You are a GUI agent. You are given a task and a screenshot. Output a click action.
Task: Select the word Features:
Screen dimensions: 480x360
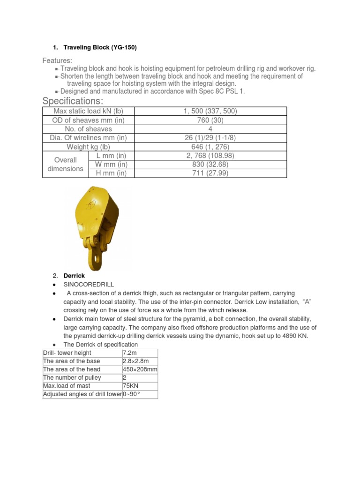58,61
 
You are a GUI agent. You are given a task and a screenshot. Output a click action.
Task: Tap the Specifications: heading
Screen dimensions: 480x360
73,101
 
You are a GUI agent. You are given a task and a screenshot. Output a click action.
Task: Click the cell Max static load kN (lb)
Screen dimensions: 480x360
88,111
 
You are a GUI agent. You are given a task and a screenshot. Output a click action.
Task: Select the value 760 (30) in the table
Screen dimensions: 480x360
210,120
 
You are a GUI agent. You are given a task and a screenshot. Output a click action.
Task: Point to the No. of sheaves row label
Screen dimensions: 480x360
88,129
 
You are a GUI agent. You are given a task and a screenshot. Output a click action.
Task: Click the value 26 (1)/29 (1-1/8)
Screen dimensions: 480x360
210,138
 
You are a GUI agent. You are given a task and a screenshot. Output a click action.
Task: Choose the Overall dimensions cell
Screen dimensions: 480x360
66,165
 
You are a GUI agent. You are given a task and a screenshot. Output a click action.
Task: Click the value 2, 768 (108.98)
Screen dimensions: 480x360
210,156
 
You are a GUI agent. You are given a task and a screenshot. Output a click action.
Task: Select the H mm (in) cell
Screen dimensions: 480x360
111,173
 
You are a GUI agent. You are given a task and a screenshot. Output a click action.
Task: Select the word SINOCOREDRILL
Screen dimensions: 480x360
89,285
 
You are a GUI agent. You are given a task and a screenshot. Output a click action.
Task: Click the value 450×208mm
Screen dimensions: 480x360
140,369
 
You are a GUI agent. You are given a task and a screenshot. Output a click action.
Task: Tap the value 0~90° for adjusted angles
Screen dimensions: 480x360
132,395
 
